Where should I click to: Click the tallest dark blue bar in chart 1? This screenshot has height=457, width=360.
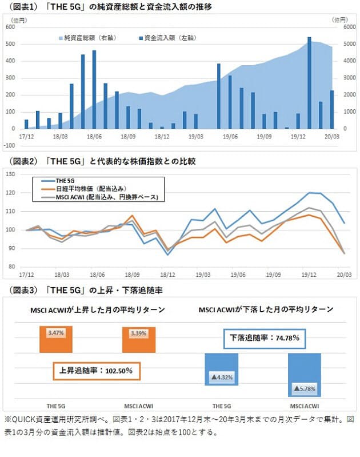click(309, 83)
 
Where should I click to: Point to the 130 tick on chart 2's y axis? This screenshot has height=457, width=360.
click(10, 174)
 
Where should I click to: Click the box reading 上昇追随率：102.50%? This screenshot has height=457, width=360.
click(96, 371)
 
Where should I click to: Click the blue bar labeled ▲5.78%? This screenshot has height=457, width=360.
click(304, 375)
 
